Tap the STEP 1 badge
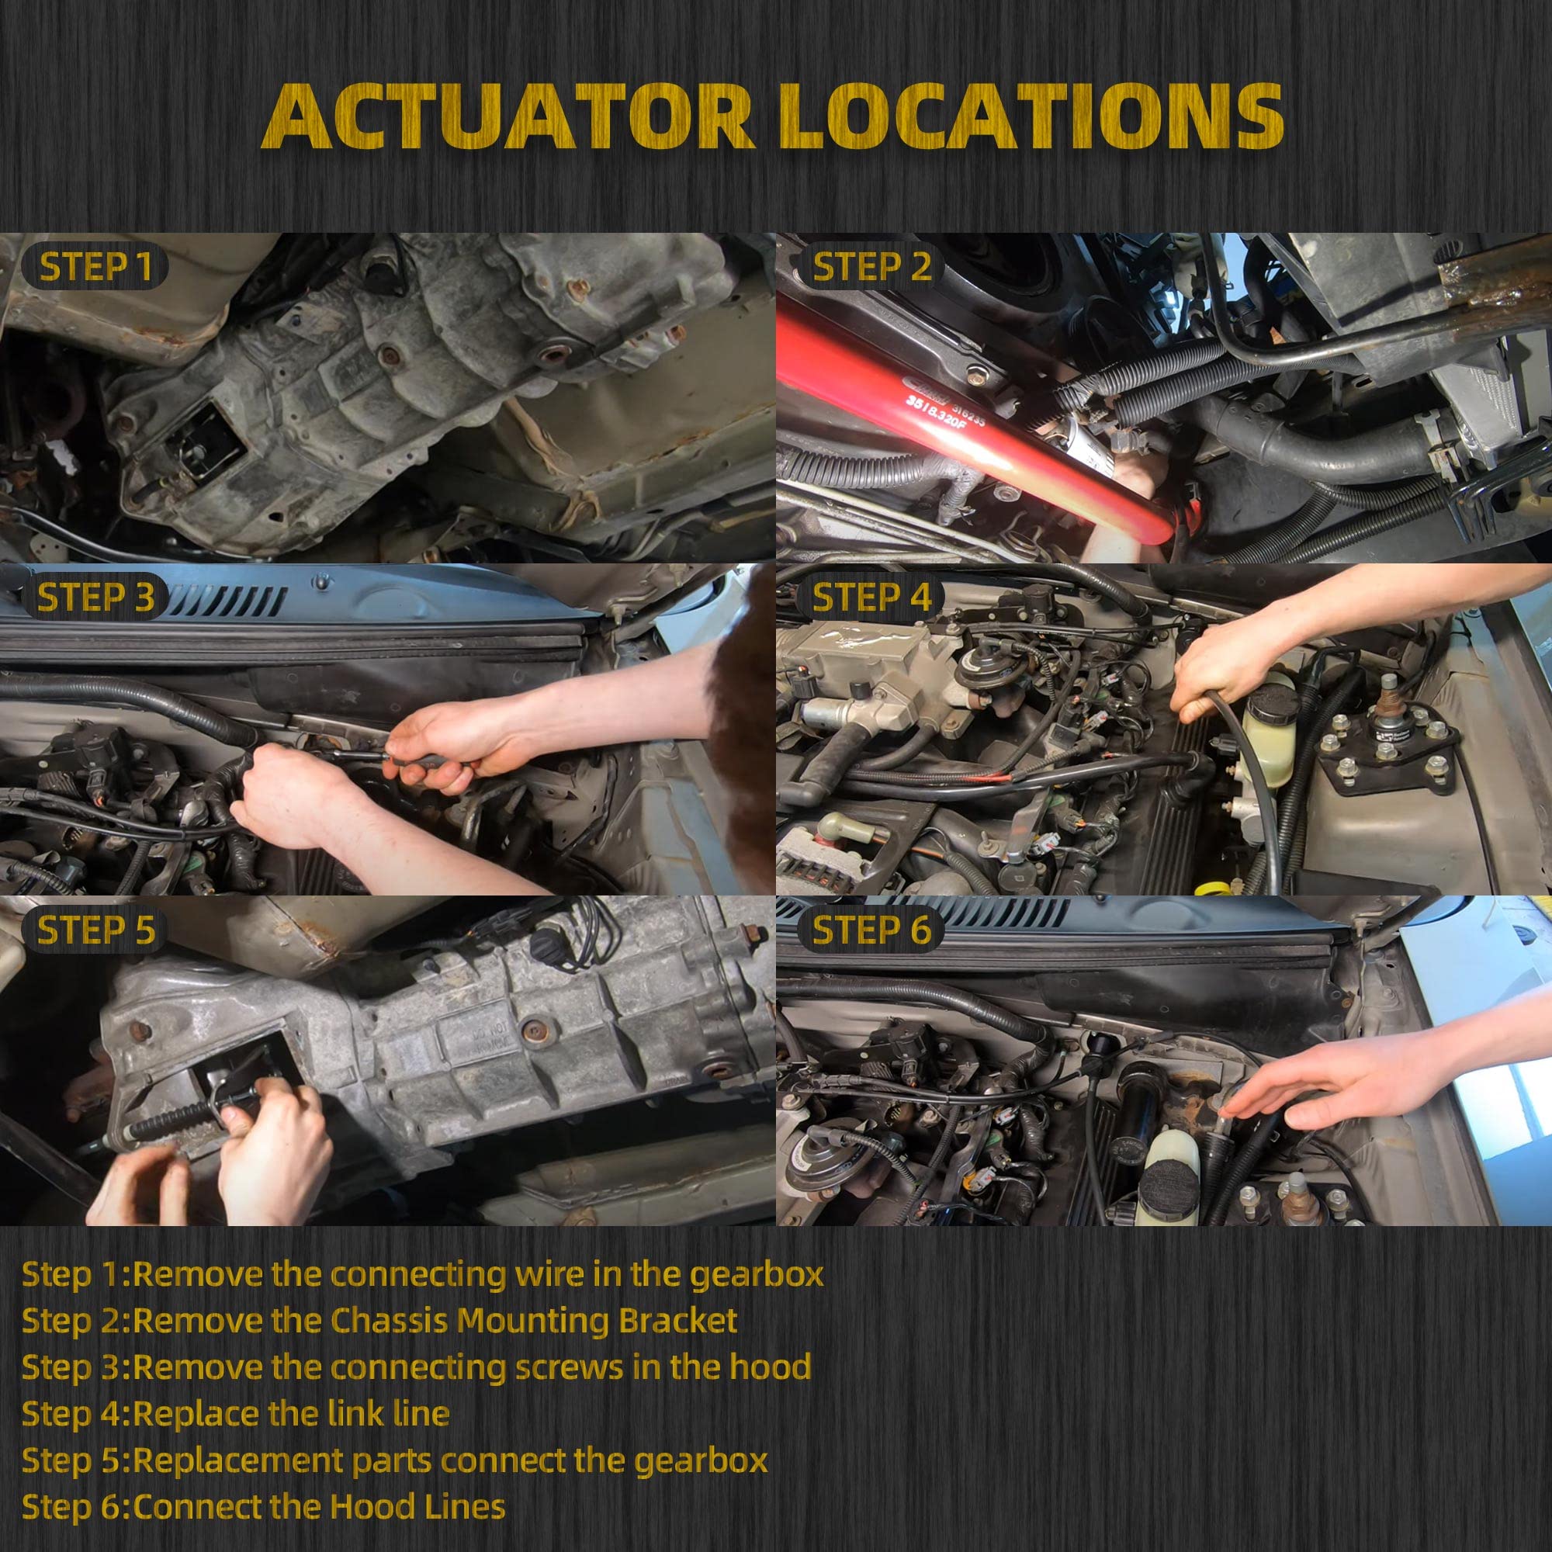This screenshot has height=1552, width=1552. (x=95, y=267)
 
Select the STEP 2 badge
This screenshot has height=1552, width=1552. (x=871, y=267)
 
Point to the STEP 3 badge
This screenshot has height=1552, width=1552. (x=95, y=598)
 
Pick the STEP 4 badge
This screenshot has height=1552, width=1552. (x=871, y=598)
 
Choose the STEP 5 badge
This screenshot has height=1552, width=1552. (x=95, y=930)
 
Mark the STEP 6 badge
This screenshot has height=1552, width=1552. (x=871, y=930)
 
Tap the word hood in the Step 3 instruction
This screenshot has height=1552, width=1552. (x=770, y=1367)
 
